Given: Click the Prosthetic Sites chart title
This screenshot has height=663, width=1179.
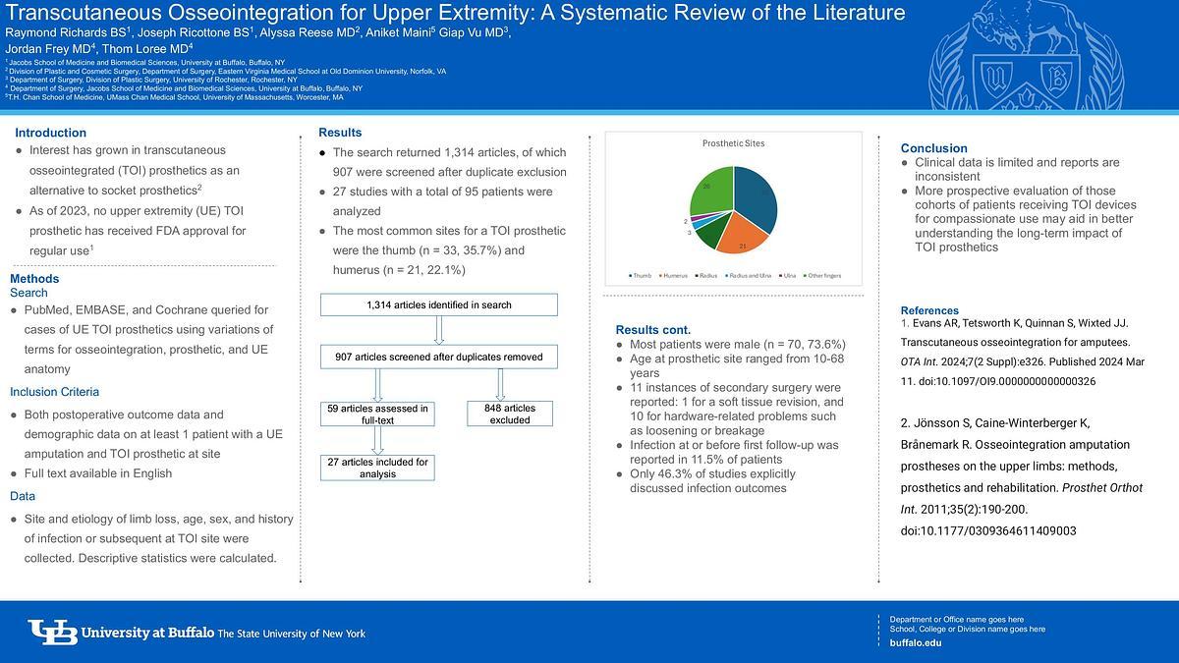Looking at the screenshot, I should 733,143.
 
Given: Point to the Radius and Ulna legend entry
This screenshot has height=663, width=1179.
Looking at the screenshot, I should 749,275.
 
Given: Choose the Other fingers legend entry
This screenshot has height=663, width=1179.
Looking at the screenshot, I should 823,275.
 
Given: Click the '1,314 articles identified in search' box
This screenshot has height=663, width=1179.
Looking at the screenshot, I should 438,304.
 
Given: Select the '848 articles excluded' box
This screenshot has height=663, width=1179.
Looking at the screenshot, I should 509,414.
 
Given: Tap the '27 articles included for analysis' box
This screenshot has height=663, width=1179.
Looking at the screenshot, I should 378,468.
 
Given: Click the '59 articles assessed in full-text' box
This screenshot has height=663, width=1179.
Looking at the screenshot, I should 378,414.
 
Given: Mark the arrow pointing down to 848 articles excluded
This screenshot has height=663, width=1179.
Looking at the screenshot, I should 501,384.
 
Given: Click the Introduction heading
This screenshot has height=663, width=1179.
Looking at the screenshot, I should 50,133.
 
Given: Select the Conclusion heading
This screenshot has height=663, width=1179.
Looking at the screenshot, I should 933,148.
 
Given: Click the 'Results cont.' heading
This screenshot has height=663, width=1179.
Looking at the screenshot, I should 653,329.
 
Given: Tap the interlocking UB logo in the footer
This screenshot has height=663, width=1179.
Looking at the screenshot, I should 53,633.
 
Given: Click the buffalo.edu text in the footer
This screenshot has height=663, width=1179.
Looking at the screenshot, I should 915,642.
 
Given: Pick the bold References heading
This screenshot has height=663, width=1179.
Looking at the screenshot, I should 929,310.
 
